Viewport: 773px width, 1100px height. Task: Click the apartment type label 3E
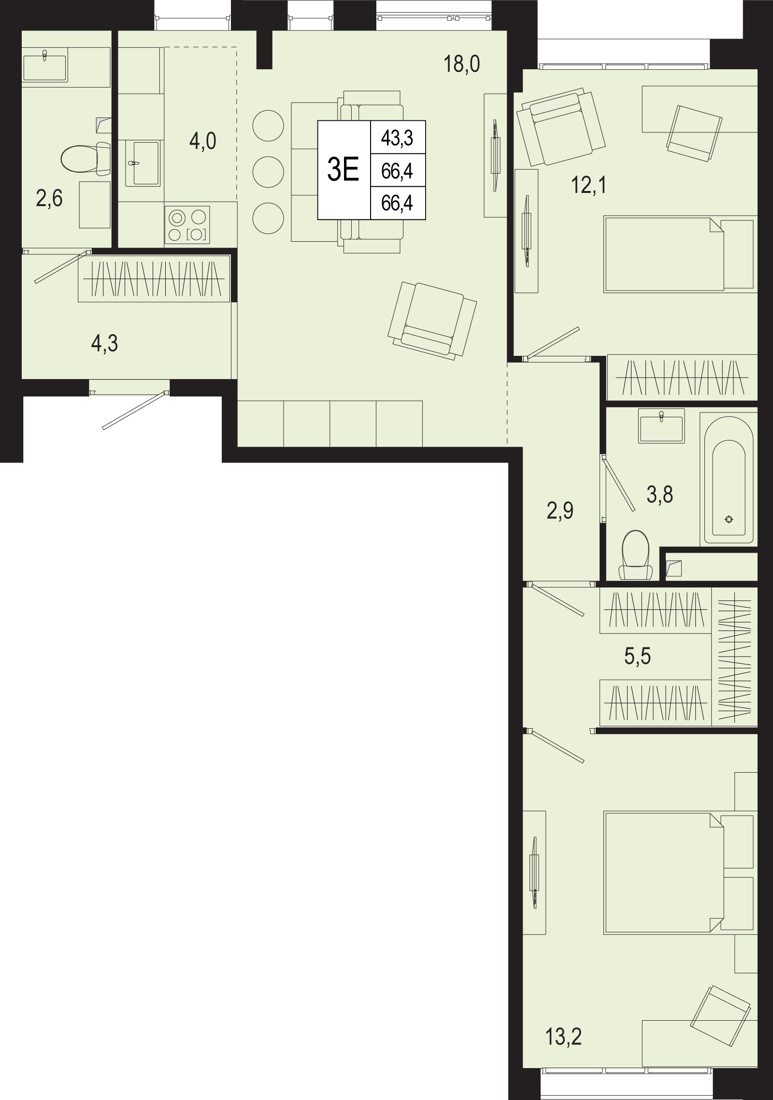(x=344, y=170)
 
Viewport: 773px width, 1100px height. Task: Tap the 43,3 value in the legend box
(x=397, y=138)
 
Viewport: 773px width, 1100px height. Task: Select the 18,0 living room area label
(x=461, y=64)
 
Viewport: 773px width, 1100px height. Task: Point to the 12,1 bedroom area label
(x=588, y=185)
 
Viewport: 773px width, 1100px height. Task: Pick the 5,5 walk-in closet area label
(x=638, y=656)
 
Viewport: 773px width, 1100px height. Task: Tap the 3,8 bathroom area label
(x=659, y=494)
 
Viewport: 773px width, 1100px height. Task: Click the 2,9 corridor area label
(x=560, y=511)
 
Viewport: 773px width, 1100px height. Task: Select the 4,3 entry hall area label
(x=104, y=344)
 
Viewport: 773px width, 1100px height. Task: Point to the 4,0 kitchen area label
(x=202, y=142)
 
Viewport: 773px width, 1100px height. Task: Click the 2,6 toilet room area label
(x=49, y=198)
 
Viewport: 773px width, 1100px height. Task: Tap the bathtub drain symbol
(x=729, y=519)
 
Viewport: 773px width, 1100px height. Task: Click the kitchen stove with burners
(x=187, y=225)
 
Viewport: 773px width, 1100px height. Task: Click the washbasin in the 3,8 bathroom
(x=661, y=425)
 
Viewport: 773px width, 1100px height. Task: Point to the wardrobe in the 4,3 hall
(x=154, y=279)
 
